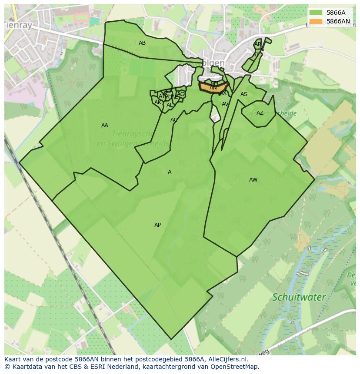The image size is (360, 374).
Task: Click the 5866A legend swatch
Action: point(316,13)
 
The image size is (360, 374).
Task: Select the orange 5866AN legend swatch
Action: point(316,21)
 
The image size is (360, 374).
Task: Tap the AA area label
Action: point(105,126)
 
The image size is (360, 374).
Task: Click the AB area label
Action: point(142,43)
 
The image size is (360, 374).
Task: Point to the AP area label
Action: point(157,225)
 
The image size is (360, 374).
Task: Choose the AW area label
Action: point(253,180)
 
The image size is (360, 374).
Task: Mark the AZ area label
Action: point(260,113)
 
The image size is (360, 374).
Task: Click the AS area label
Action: point(244,94)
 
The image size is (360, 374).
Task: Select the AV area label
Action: point(225,104)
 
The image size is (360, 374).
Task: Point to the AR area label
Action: point(258,44)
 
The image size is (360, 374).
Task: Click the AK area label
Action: point(158,103)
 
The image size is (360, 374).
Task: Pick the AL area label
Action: point(170,105)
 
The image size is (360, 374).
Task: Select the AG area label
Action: point(181,94)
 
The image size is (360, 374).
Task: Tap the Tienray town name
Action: point(18,26)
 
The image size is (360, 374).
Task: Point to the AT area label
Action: point(256,55)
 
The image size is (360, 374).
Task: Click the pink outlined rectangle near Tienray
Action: point(81,17)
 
